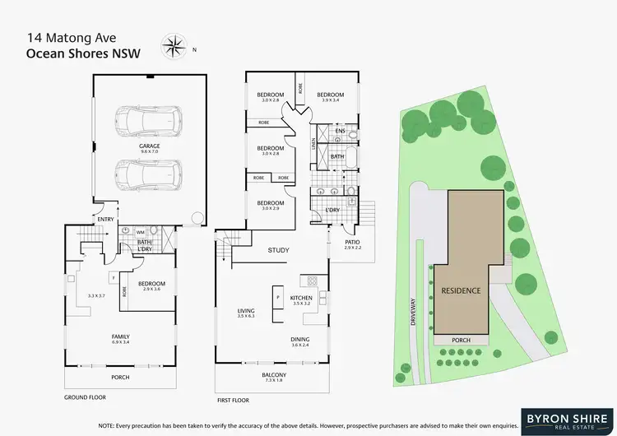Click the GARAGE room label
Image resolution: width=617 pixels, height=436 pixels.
(x=149, y=146)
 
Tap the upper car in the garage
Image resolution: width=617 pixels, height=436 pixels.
(x=149, y=121)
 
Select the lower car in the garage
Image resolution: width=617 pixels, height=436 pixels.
(x=149, y=174)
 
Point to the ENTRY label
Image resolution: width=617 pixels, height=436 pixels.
(x=106, y=219)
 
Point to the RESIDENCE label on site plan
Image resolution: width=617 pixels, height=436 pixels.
(x=462, y=291)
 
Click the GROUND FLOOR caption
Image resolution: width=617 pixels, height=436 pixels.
(x=86, y=397)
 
